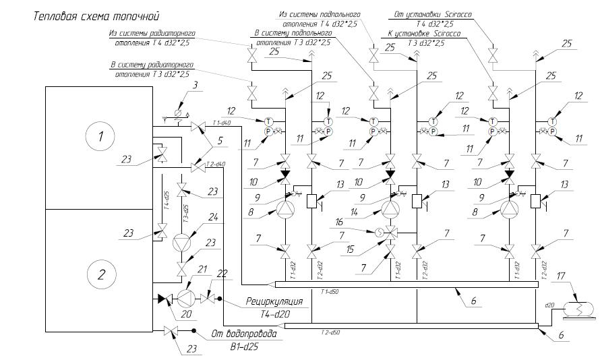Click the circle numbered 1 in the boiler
100,138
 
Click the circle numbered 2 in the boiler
100,275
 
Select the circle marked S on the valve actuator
380,233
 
